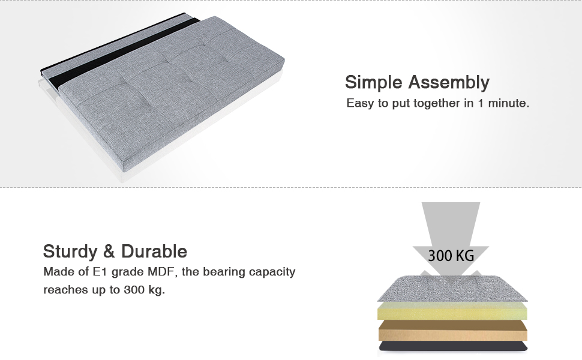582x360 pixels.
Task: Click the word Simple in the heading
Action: [373, 82]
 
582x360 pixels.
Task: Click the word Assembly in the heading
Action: [449, 82]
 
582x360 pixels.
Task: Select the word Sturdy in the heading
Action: [70, 252]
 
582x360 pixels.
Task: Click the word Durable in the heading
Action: [154, 251]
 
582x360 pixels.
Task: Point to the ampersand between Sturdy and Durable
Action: [109, 251]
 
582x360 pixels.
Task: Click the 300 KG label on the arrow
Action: [451, 256]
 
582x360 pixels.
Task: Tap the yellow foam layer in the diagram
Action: [452, 311]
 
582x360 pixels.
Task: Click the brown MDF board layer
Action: [453, 331]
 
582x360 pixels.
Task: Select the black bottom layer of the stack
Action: [453, 346]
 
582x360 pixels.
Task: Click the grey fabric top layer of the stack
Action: [452, 289]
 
